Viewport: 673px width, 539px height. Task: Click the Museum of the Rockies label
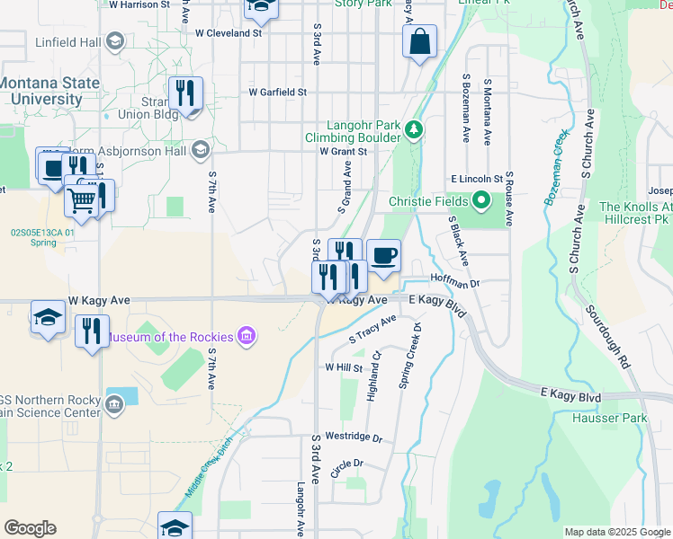point(169,338)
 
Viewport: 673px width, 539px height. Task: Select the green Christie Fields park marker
point(480,201)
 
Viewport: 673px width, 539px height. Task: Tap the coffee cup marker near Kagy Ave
point(383,254)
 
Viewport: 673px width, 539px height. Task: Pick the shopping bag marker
point(419,41)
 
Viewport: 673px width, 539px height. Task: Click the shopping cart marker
point(81,201)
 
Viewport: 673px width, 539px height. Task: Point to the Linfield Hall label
point(68,41)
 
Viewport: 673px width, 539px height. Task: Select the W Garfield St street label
point(278,92)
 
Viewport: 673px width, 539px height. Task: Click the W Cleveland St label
point(228,33)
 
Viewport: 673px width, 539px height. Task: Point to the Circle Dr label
point(346,464)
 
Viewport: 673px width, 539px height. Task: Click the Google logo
point(30,528)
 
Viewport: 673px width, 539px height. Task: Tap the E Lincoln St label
point(477,180)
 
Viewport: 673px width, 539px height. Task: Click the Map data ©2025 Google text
point(616,532)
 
